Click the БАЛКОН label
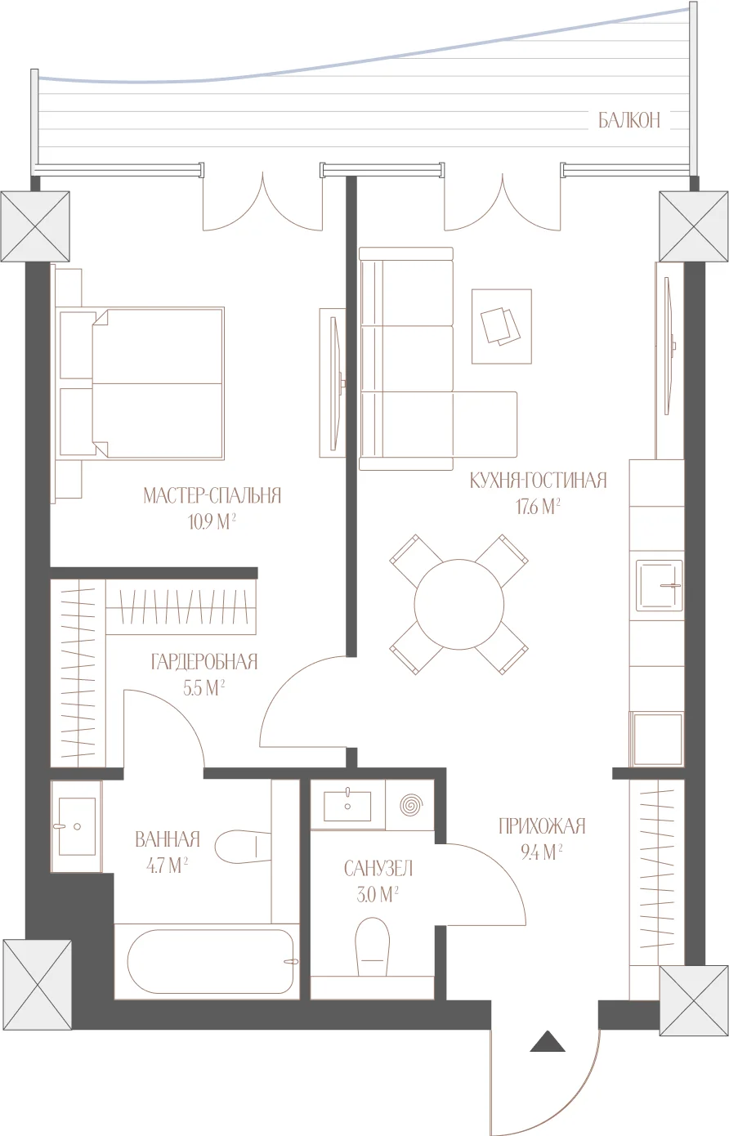tap(629, 120)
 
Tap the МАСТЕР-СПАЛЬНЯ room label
tap(212, 495)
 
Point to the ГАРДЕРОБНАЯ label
tap(204, 662)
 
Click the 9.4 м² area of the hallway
tap(542, 852)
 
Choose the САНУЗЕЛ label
tap(378, 869)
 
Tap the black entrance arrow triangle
tap(548, 1042)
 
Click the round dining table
tap(459, 604)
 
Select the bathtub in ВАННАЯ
tap(211, 961)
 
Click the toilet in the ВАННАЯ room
tap(244, 846)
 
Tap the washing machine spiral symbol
tap(411, 805)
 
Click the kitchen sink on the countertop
tap(659, 585)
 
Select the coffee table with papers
tap(502, 327)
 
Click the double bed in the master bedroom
tap(141, 383)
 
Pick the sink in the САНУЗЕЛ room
tap(347, 805)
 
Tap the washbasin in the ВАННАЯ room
tap(77, 826)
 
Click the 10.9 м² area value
tap(212, 522)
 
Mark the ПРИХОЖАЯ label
tap(542, 826)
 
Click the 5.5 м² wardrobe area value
tap(204, 688)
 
